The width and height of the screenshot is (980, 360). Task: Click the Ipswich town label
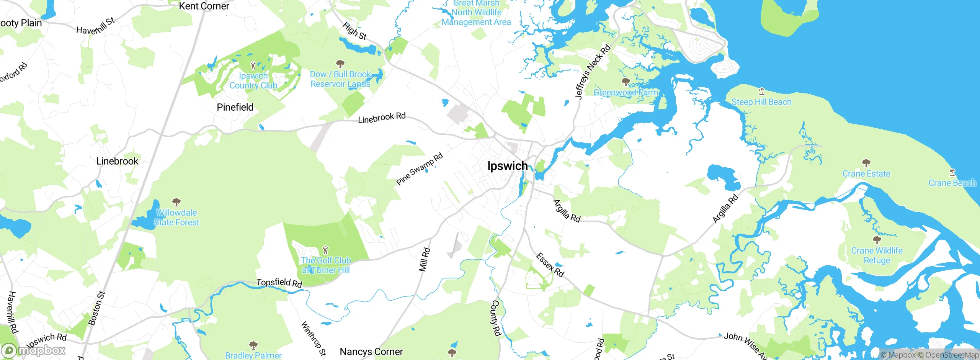[507, 166]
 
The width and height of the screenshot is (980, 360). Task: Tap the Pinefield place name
[235, 107]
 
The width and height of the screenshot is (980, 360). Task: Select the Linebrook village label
[117, 161]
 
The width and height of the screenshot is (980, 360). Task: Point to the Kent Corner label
[204, 6]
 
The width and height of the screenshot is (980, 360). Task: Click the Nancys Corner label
[371, 352]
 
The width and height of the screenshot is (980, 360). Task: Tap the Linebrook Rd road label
[382, 118]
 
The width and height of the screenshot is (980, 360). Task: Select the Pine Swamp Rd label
[420, 169]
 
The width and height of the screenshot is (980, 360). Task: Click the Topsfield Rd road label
[279, 283]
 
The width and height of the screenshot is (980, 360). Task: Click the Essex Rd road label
[550, 265]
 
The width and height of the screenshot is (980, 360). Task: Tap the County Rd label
[496, 318]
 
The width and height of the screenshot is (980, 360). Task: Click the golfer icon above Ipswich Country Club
[253, 65]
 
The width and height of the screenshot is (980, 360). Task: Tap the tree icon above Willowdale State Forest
[176, 202]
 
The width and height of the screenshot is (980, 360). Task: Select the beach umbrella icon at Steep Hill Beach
[761, 91]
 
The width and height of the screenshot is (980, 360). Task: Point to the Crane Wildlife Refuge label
[877, 255]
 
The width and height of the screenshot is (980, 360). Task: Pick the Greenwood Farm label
[626, 92]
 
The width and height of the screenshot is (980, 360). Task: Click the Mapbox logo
[34, 350]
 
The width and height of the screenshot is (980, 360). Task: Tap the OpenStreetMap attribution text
[952, 355]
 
